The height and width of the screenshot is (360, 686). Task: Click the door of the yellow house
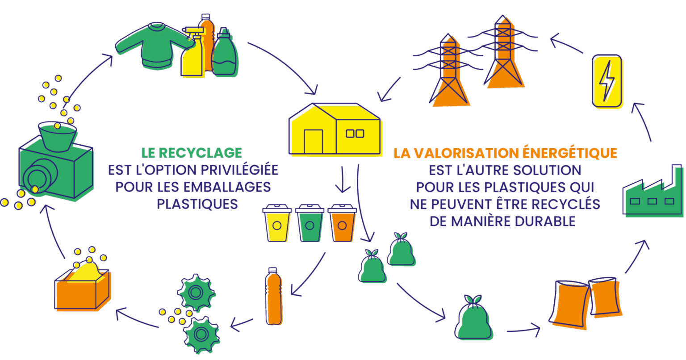pos(313,141)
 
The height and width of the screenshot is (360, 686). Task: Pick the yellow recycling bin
pos(276,223)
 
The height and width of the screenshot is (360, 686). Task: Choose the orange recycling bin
pos(342,223)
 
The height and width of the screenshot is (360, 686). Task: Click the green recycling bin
pos(309,223)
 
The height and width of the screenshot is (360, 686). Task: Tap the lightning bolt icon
pos(607,81)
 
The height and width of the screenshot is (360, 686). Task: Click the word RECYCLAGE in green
pos(200,153)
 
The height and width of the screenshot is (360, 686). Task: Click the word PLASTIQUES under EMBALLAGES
pos(197,204)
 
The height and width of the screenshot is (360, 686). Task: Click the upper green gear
pos(195,293)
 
